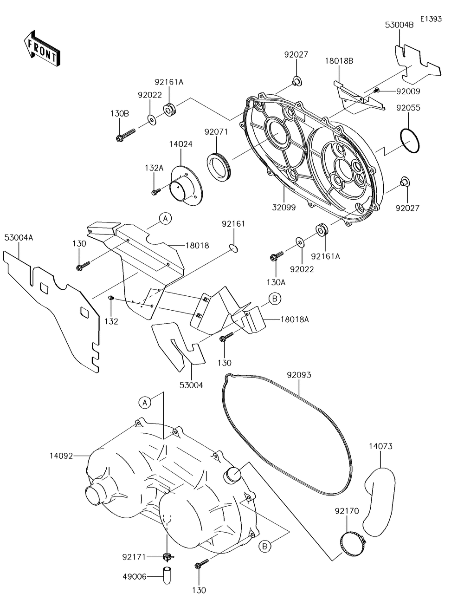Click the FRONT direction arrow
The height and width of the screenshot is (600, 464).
(42, 49)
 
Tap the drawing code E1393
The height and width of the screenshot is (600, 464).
(431, 19)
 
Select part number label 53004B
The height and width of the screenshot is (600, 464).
(399, 25)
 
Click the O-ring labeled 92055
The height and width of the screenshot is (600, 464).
(409, 141)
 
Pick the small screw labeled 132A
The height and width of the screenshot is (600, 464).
(156, 191)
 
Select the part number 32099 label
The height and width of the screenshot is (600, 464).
(284, 208)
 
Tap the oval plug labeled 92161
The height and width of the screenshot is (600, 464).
(233, 248)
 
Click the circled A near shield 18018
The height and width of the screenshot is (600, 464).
(166, 219)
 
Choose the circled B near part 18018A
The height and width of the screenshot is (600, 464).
(275, 299)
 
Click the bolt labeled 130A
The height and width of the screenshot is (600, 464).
(277, 256)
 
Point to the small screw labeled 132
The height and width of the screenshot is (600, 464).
(111, 298)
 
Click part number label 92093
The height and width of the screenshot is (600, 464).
(299, 375)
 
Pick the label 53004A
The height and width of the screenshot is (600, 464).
(19, 238)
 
